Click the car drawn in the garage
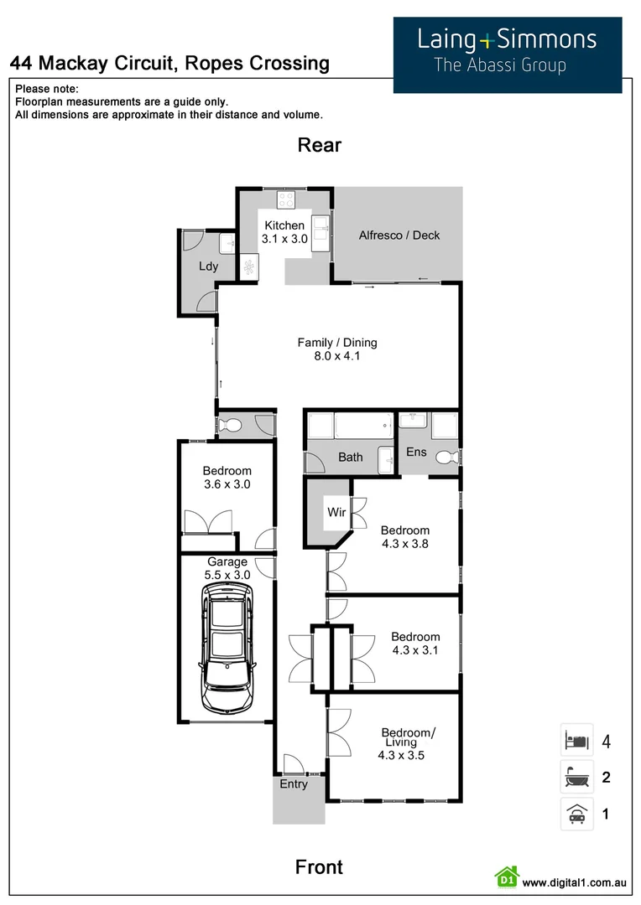point(227,646)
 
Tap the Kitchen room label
point(284,225)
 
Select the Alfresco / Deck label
point(399,235)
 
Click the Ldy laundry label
point(208,266)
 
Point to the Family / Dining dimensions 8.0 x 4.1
point(337,356)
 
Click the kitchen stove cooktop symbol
point(286,199)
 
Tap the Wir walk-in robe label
point(336,511)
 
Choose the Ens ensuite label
point(416,452)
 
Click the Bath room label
point(351,457)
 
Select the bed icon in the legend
point(576,741)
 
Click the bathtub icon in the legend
point(576,778)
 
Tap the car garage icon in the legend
point(576,814)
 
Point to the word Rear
point(320,145)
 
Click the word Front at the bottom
point(319,867)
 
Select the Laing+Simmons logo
point(508,53)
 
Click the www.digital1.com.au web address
point(575,882)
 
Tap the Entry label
point(294,784)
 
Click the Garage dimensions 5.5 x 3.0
point(227,575)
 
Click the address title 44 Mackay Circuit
point(169,63)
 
